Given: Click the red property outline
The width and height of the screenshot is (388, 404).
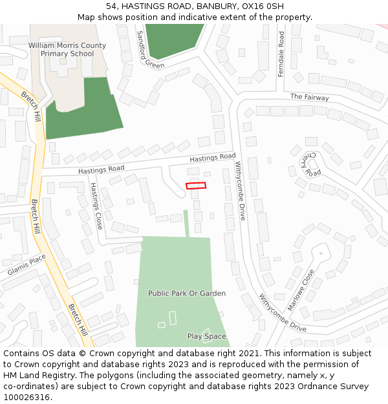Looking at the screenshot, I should click(x=196, y=186).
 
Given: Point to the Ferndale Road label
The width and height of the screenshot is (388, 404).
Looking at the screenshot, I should click(x=281, y=55).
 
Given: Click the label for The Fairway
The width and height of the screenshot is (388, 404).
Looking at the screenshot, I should click(x=309, y=98).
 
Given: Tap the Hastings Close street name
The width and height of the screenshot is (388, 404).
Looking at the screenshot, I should click(x=96, y=206).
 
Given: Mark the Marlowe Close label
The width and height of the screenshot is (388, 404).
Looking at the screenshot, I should click(x=301, y=290).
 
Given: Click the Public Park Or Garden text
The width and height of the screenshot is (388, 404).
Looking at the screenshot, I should click(x=187, y=293).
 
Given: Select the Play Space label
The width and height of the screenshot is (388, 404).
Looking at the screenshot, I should click(x=207, y=336).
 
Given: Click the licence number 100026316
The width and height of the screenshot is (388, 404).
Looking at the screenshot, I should click(x=27, y=397).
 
